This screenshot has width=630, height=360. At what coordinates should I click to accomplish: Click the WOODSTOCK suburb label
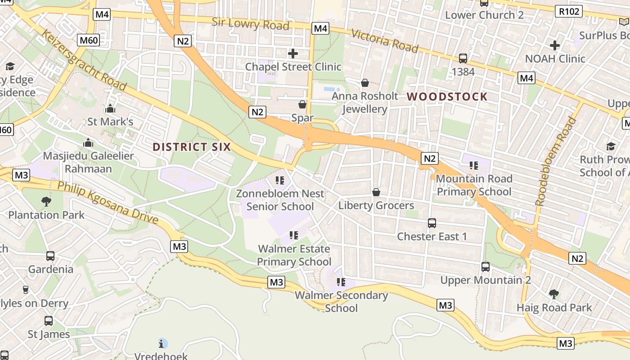447,97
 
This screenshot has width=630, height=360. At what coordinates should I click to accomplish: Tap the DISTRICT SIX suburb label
192,147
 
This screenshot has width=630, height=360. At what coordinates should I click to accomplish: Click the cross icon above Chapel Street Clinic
293,54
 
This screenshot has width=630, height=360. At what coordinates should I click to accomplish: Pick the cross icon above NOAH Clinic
555,45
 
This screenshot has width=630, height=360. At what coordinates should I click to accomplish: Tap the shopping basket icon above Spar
302,105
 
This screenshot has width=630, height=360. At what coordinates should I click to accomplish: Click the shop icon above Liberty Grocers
376,193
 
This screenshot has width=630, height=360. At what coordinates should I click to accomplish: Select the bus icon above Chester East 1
432,223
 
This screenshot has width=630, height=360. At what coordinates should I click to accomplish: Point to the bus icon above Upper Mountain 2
486,267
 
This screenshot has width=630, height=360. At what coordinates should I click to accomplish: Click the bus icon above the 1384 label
463,58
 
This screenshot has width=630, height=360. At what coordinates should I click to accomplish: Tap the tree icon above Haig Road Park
554,294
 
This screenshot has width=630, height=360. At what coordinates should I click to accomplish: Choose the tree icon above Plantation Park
46,202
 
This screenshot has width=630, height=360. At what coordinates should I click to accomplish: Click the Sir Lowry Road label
250,23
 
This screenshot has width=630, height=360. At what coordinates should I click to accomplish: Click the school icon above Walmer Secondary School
341,282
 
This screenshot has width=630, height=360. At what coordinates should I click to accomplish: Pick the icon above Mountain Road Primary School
473,166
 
